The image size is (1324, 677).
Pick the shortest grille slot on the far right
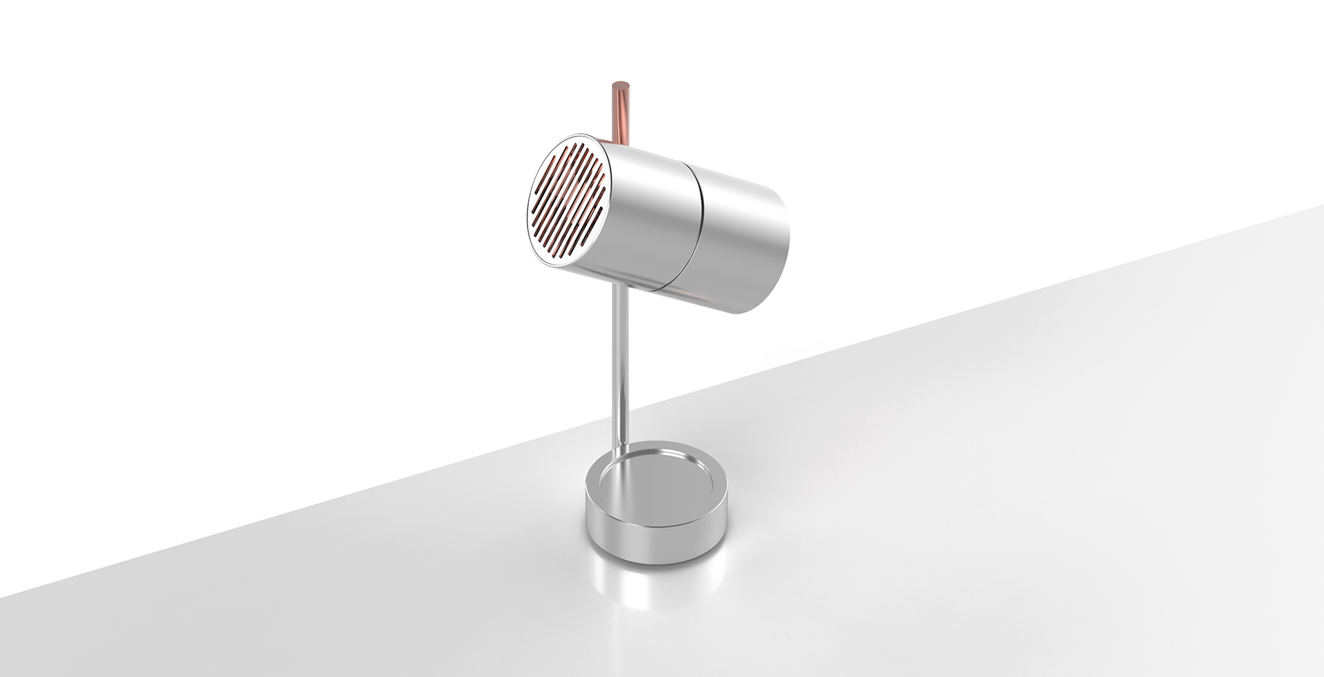tap(606, 185)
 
